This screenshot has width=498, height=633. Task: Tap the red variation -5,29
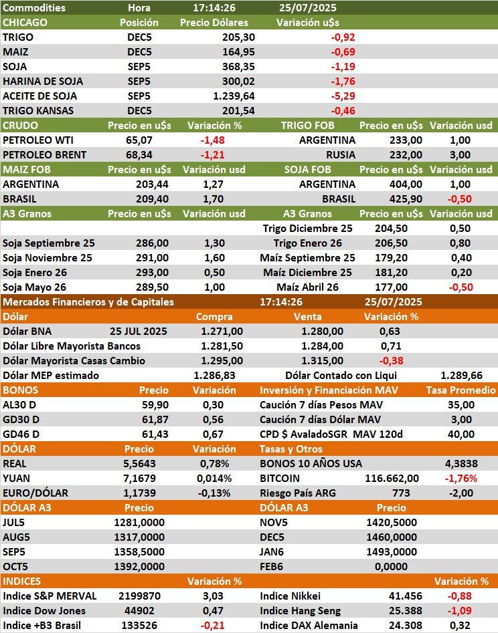[x=343, y=96]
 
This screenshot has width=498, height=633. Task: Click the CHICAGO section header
[x=25, y=23]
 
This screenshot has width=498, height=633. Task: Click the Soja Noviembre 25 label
[x=48, y=258]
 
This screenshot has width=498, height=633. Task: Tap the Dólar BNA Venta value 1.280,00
[x=323, y=332]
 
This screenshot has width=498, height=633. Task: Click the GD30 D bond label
[x=21, y=420]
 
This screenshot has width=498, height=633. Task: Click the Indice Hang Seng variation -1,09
[x=459, y=611]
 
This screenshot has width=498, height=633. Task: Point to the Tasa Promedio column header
[x=461, y=390]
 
